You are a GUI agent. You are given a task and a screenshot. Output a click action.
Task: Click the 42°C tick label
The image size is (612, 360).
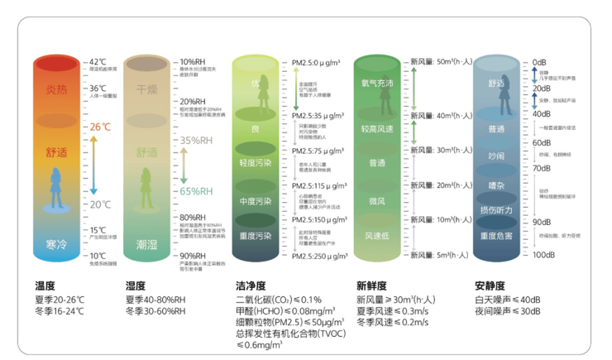pos(98,61)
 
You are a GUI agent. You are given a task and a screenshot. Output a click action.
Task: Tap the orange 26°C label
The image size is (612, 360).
pos(99,127)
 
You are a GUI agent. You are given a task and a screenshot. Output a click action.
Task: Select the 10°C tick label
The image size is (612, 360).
pos(98,256)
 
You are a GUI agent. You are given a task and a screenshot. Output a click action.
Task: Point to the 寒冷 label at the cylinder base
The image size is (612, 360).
pos(57,244)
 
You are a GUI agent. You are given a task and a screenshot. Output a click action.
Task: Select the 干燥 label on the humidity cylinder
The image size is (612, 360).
pos(146,89)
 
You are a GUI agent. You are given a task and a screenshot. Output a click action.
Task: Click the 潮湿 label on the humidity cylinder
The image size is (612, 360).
pos(146,244)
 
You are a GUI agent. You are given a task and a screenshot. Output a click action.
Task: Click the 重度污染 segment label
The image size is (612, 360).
pos(255,236)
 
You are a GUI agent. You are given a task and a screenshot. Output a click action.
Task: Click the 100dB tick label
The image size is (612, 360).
pos(544,256)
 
